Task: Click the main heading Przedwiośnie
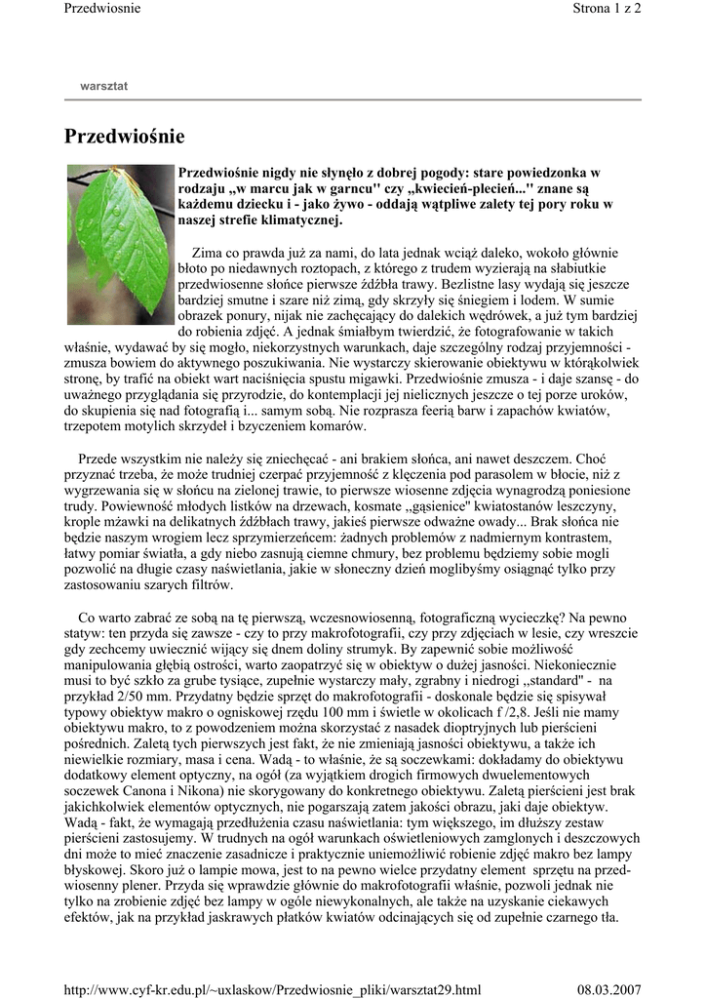(x=124, y=137)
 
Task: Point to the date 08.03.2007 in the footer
(x=608, y=989)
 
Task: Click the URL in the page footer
(x=272, y=989)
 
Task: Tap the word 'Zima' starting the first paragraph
(x=208, y=252)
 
